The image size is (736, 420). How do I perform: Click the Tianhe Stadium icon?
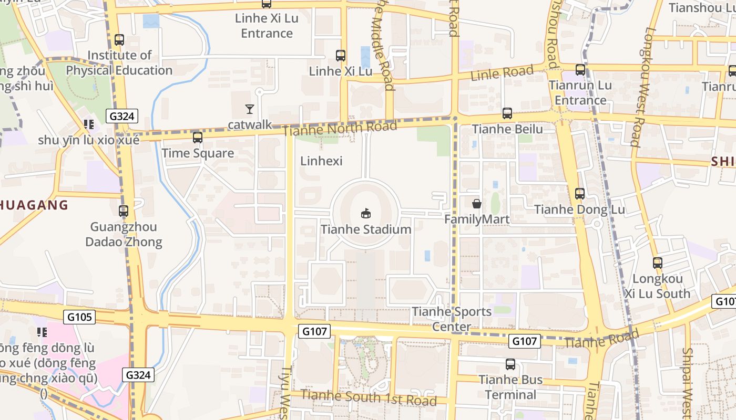[366, 213]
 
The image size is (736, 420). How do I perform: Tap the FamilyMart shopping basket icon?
[477, 203]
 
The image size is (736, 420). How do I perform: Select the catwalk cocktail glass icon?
[250, 109]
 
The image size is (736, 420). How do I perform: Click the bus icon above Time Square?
[198, 138]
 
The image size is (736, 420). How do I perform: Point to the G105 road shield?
[80, 317]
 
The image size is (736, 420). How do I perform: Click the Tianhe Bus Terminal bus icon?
[510, 364]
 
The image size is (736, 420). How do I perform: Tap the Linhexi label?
[321, 161]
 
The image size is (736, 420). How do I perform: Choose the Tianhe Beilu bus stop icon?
[507, 113]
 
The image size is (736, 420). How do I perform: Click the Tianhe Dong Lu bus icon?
[580, 194]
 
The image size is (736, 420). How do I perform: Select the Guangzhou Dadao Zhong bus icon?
[124, 211]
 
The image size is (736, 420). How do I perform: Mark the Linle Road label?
[502, 73]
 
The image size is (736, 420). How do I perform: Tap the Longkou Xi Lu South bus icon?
[658, 263]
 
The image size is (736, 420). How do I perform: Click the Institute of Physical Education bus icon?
[119, 40]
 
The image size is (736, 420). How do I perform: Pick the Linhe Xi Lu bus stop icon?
[341, 56]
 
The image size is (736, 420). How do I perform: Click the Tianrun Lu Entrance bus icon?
[580, 70]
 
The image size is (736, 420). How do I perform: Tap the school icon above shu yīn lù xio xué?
[88, 124]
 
